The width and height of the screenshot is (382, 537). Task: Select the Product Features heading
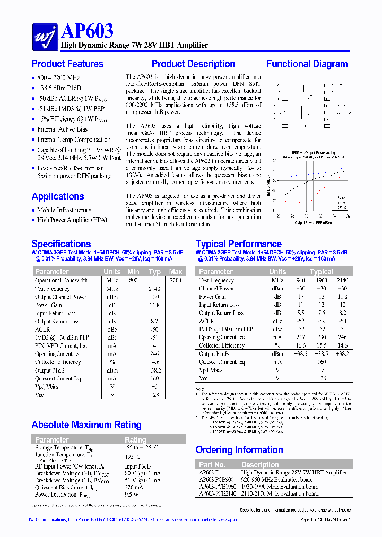[67, 64]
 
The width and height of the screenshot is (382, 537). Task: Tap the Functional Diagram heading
[307, 64]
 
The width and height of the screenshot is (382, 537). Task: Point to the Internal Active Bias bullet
[62, 129]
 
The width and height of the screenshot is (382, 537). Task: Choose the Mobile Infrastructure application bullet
[64, 210]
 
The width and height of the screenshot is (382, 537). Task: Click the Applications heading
[58, 196]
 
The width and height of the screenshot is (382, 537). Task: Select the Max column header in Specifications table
[175, 272]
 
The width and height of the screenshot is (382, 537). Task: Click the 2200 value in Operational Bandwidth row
[175, 280]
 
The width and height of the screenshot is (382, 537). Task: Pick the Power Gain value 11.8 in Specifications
[154, 305]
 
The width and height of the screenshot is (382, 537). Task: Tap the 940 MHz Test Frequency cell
[300, 280]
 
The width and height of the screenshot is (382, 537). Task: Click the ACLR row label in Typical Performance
[206, 321]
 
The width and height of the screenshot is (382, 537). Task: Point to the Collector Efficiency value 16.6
[300, 345]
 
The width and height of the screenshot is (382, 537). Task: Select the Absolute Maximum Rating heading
[86, 425]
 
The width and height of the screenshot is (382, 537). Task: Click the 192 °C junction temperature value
[133, 456]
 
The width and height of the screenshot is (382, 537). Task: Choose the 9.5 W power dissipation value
[132, 495]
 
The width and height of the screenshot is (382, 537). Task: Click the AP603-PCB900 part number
[216, 480]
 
